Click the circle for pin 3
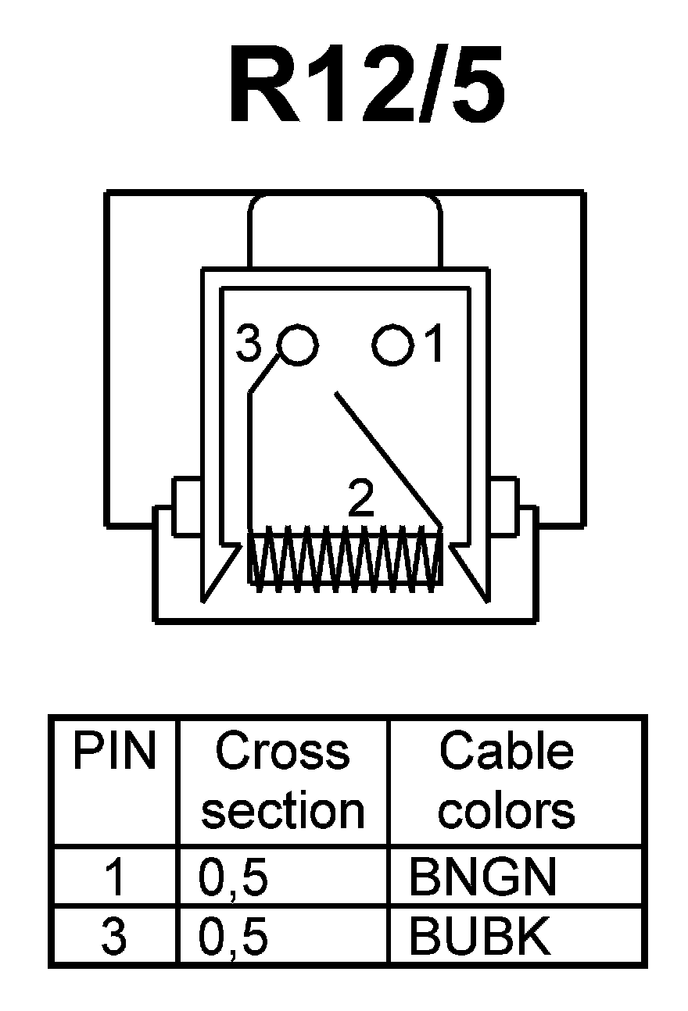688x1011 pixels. (x=298, y=345)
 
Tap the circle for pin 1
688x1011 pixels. (x=392, y=345)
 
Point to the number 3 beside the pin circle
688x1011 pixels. (x=249, y=345)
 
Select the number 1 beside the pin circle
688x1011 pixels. (x=435, y=345)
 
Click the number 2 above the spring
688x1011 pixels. (x=360, y=500)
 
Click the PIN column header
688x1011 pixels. (x=114, y=752)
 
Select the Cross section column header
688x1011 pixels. (x=283, y=781)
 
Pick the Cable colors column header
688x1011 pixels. (x=507, y=781)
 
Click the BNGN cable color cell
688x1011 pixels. (x=482, y=877)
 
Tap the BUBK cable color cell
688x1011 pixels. (x=479, y=937)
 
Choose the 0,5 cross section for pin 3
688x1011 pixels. (x=233, y=938)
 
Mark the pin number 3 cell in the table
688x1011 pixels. (x=114, y=938)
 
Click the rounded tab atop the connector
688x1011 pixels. (x=345, y=230)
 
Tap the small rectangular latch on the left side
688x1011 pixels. (x=185, y=507)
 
